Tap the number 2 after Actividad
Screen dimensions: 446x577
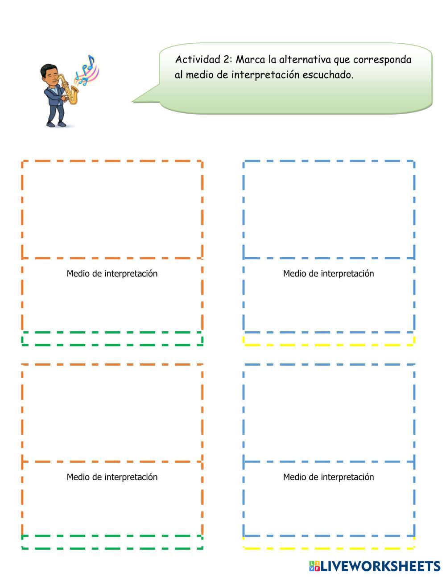[x=226, y=60]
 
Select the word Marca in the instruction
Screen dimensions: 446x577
[x=250, y=60]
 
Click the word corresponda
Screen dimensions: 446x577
[x=382, y=60]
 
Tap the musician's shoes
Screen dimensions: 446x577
[x=56, y=124]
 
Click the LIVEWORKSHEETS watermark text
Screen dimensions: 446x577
[x=380, y=566]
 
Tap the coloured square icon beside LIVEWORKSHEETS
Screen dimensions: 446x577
[x=314, y=566]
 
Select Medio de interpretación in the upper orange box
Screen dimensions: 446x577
[x=112, y=274]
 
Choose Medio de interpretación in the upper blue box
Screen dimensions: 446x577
[x=328, y=274]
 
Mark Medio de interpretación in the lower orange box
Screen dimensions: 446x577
[x=112, y=477]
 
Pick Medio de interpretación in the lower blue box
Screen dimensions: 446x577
[x=328, y=477]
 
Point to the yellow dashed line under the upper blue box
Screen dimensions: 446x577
[x=328, y=344]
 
